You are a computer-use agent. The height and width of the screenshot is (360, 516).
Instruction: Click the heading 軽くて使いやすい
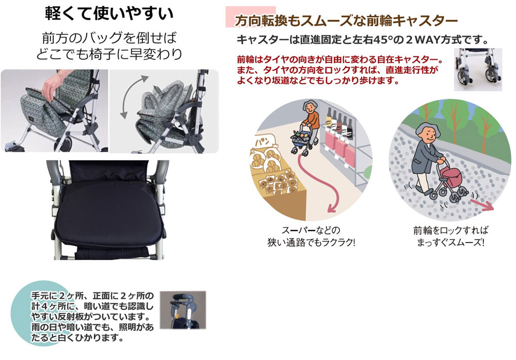109,14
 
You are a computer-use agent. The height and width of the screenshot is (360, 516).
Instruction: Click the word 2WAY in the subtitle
423,40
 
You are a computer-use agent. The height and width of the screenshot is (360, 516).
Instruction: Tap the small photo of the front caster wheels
478,70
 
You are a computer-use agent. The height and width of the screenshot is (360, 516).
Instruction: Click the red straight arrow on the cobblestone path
481,204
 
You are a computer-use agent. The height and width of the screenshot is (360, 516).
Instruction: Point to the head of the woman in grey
427,133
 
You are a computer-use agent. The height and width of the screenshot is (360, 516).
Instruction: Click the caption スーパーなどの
311,230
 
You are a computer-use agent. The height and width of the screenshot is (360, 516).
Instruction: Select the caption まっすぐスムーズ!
450,243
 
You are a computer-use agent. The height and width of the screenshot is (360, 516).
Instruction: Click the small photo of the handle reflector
183,310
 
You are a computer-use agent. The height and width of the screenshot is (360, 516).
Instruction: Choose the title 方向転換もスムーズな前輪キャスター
346,21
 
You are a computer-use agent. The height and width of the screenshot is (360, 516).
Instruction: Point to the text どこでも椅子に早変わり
109,54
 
